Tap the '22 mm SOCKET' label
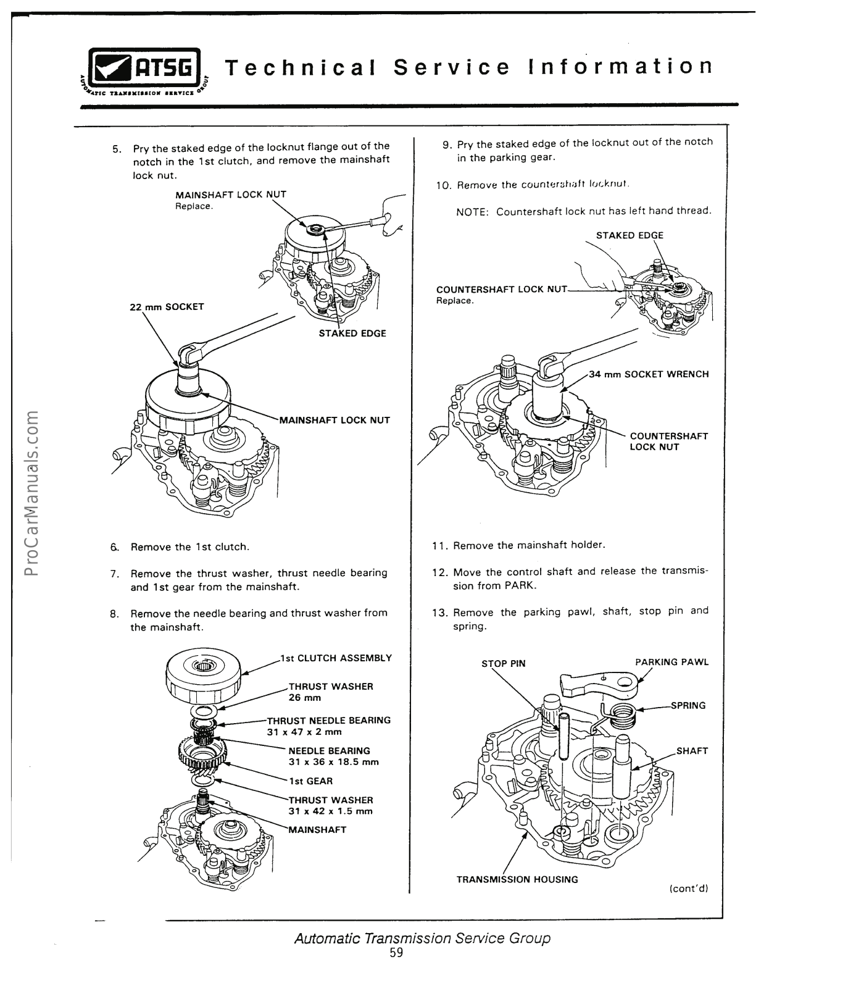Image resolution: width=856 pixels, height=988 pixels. [x=167, y=307]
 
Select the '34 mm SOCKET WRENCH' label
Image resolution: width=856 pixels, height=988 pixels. [x=649, y=374]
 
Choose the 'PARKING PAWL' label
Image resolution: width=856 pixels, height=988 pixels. [x=672, y=662]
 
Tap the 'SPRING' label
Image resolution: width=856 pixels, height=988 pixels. [x=688, y=705]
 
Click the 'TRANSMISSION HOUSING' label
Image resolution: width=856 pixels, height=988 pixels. [x=517, y=879]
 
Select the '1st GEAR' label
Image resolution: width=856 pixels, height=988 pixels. [x=311, y=781]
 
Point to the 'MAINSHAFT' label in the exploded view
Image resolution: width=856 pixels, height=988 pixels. [x=318, y=829]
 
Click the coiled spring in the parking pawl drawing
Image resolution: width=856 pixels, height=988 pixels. [x=620, y=716]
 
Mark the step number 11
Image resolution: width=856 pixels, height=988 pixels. [x=439, y=546]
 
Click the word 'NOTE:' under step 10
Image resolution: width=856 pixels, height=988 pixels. [x=473, y=212]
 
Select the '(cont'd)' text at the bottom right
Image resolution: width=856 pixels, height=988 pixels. [x=688, y=889]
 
